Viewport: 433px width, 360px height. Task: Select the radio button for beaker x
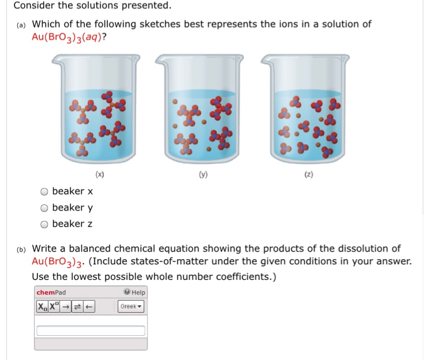(x=44, y=192)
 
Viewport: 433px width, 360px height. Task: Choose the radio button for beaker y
(x=44, y=208)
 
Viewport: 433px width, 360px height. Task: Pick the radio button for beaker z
(x=44, y=224)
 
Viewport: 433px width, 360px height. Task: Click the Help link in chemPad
(x=136, y=292)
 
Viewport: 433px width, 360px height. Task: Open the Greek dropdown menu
(x=131, y=306)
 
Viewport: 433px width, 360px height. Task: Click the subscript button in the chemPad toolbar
(x=43, y=306)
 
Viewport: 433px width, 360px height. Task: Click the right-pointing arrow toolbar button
(x=67, y=306)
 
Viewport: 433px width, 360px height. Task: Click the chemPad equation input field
(x=91, y=331)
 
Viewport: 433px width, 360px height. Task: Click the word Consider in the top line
(x=34, y=6)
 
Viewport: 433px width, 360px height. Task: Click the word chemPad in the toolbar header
(x=51, y=292)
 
